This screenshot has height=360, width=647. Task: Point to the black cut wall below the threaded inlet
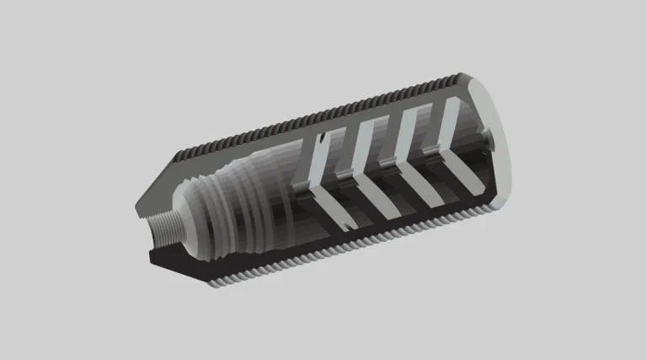[181, 262]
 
